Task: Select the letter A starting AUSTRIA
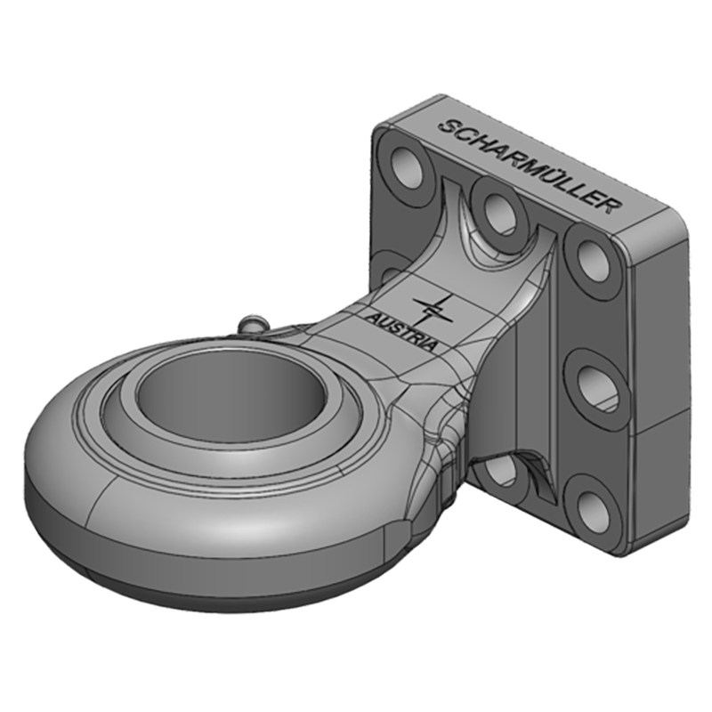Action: click(x=373, y=314)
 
